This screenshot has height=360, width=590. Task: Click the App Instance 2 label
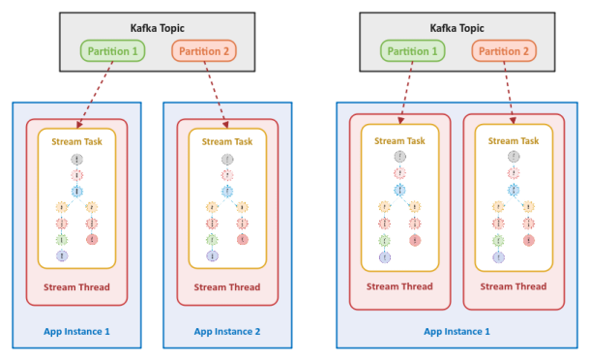227,331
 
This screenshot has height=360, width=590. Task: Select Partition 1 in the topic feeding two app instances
113,50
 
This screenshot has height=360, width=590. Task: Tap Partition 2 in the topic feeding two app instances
204,50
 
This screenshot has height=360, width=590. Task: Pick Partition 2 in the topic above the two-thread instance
504,50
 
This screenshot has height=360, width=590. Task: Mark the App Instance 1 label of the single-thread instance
76,331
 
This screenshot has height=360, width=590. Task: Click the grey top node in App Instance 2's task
227,159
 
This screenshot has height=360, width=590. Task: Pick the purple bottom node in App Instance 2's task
212,255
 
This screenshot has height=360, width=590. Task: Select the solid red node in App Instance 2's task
243,239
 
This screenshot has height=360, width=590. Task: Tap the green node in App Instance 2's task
212,239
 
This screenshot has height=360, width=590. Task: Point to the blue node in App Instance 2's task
227,191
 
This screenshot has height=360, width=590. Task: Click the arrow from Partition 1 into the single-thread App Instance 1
95,94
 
